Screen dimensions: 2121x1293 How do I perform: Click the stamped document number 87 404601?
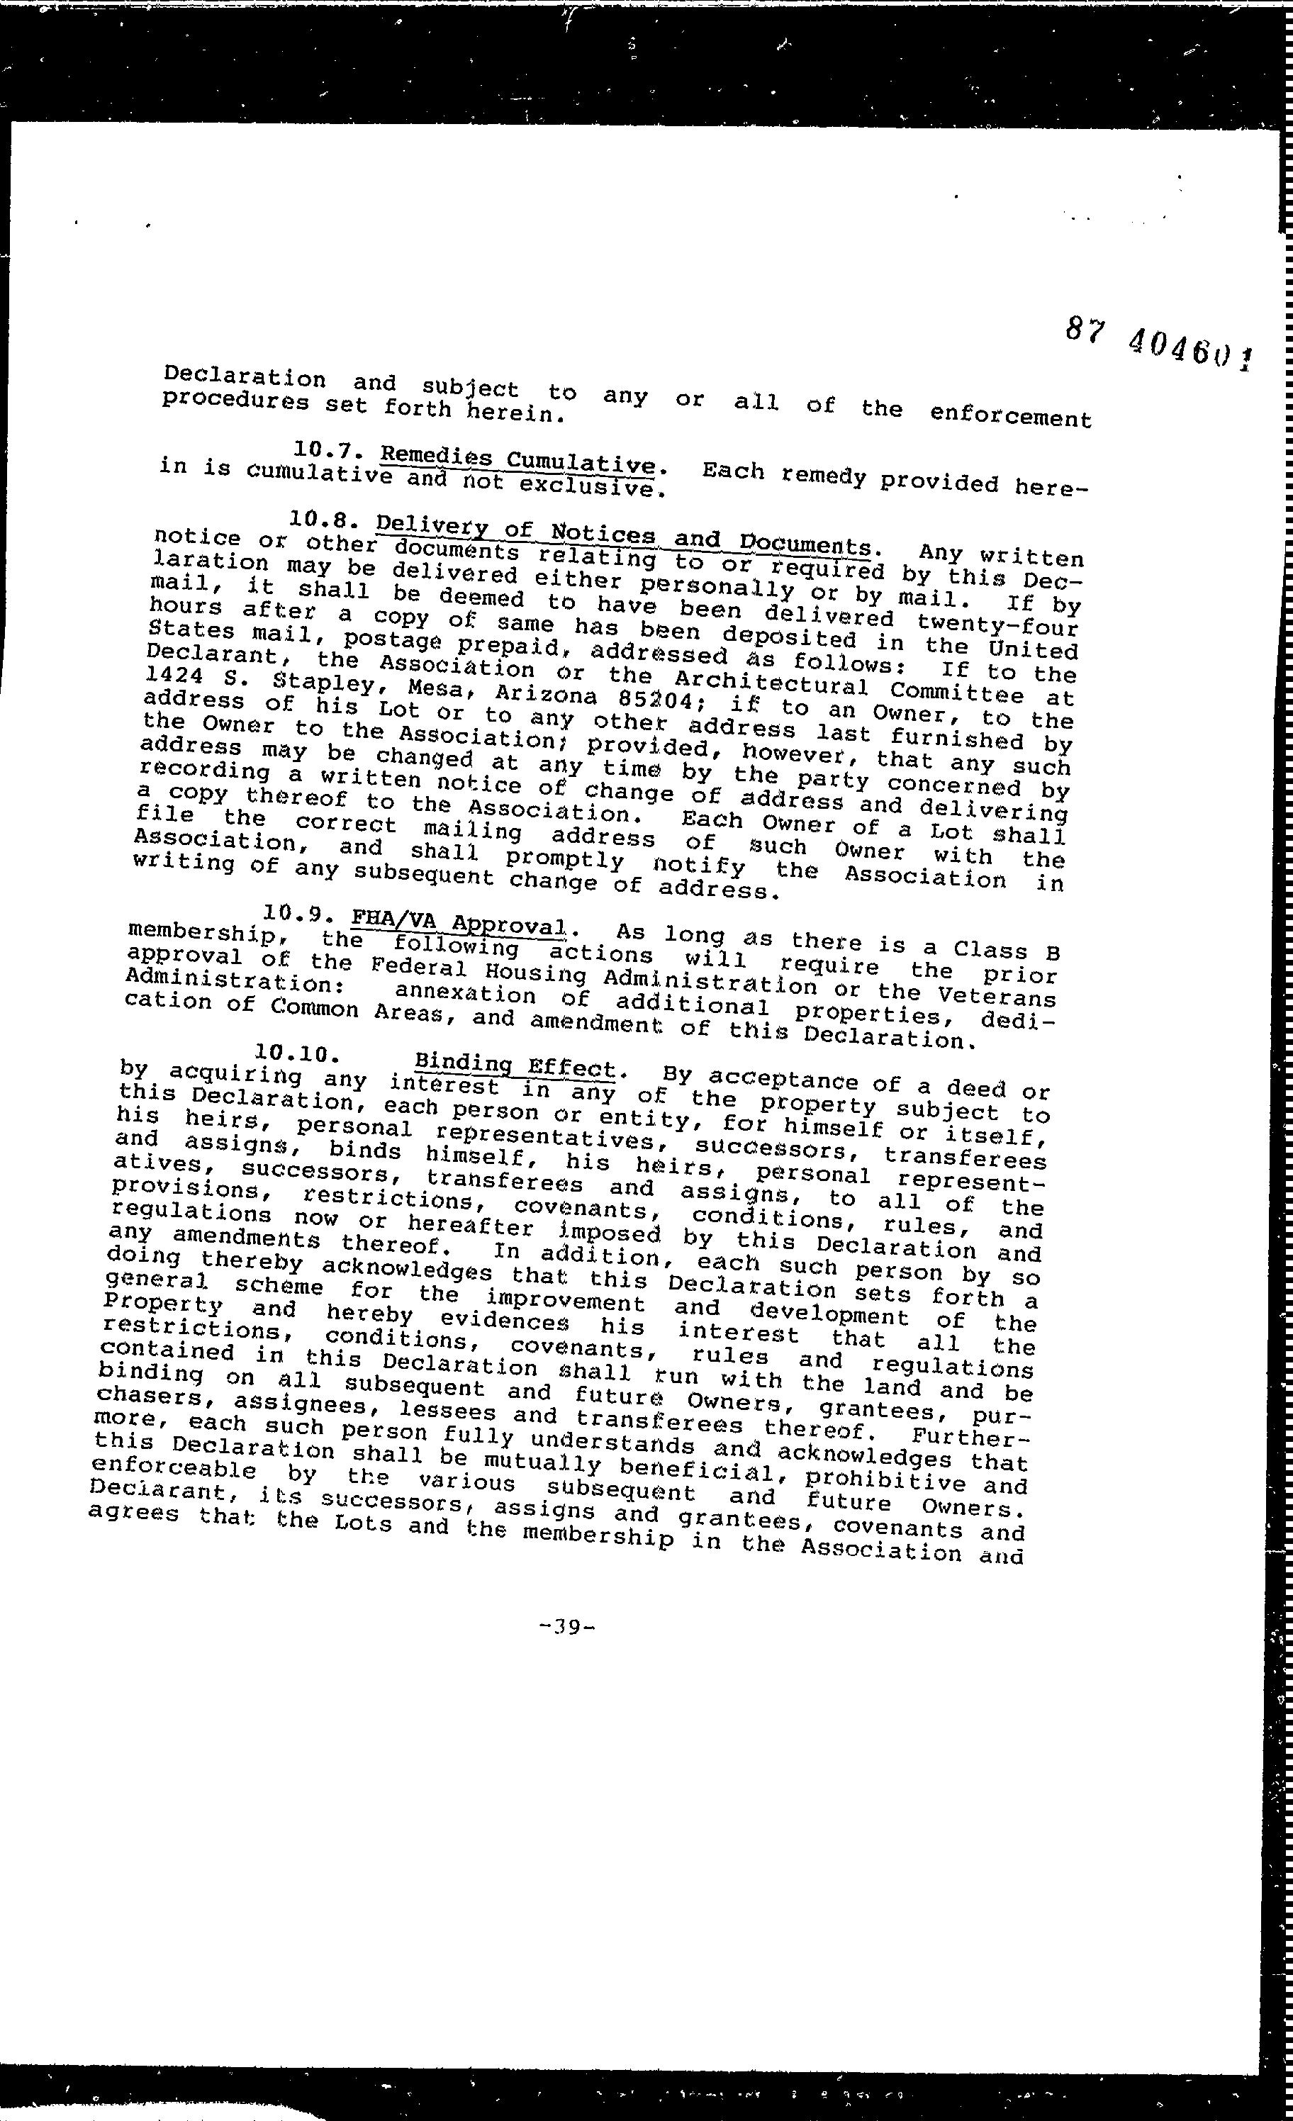(1158, 345)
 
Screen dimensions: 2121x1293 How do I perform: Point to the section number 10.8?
(318, 519)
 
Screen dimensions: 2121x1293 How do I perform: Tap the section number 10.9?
(293, 912)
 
